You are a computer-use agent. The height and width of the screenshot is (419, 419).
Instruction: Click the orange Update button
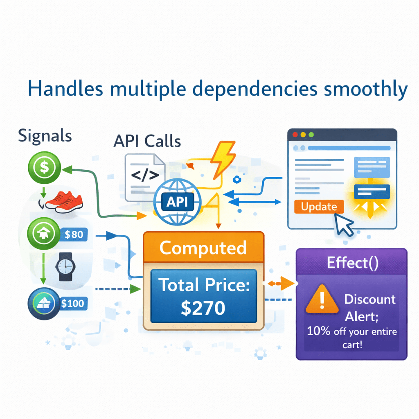click(319, 207)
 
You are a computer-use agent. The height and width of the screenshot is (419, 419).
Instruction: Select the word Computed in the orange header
click(203, 248)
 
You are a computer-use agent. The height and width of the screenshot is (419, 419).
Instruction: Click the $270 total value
click(203, 308)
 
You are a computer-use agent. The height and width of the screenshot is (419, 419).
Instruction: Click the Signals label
click(45, 136)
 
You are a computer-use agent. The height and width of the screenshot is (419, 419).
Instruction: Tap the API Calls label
click(147, 141)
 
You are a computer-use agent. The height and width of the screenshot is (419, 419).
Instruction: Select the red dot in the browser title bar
click(294, 135)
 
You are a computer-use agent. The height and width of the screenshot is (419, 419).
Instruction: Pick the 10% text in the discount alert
click(318, 331)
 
